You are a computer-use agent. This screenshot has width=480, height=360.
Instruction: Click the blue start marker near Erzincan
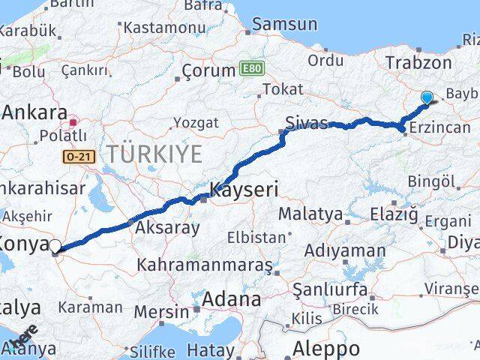point(427,97)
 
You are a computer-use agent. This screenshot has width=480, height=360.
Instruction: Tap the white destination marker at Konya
point(55,245)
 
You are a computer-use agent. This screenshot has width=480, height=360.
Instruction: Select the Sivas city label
point(305,121)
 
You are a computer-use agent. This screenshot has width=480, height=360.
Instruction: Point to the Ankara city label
point(35,113)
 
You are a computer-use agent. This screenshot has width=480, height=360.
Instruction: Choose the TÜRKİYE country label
point(154,154)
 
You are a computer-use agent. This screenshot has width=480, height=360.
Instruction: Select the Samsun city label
point(284,24)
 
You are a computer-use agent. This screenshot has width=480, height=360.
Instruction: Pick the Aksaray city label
point(166,228)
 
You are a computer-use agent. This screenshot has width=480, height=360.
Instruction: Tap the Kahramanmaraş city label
point(205,265)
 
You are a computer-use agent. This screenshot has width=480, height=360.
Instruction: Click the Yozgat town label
point(196,121)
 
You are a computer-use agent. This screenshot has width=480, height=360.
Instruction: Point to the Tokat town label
point(283,89)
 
